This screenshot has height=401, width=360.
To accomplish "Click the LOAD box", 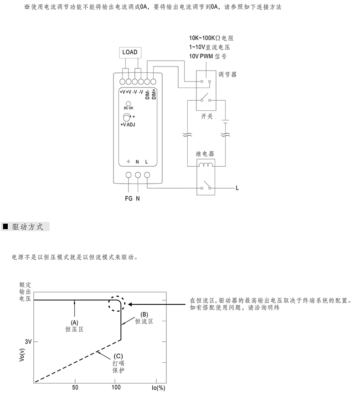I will tap(130, 52).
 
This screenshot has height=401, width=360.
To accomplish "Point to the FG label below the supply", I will tap(129, 199).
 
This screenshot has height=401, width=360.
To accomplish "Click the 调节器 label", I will tap(227, 74).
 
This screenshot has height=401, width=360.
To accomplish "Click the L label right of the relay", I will tap(237, 188).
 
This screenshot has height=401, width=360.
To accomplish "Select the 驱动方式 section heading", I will tap(28, 226).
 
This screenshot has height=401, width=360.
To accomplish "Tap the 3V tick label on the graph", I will tap(28, 341).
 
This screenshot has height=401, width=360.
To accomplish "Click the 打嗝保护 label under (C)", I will tap(118, 367).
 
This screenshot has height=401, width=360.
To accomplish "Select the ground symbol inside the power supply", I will tap(129, 162).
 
